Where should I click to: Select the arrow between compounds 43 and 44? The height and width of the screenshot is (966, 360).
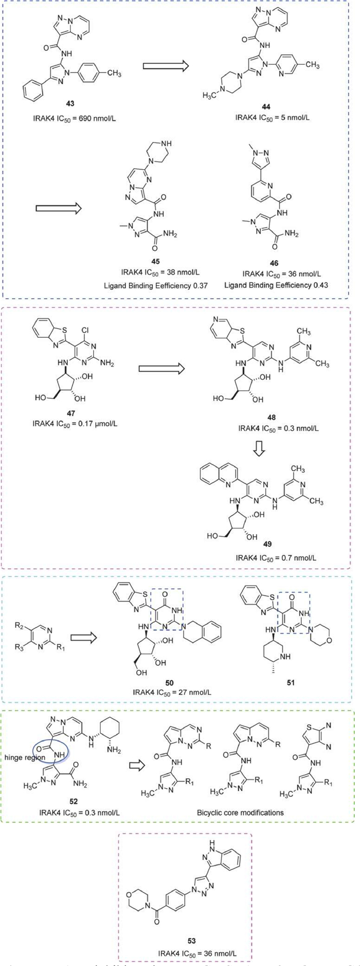(x=165, y=66)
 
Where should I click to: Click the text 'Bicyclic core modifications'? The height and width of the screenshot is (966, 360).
(x=240, y=813)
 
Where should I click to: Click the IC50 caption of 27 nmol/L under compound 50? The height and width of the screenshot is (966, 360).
(x=169, y=692)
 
